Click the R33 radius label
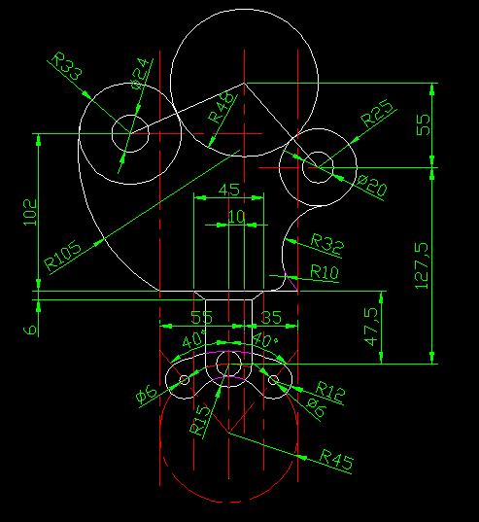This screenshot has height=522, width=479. coord(67,66)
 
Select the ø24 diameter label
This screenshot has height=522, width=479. coord(139,74)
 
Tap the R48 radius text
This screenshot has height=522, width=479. coord(222,108)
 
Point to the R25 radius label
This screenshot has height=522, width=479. coord(377,113)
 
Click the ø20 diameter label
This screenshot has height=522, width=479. coord(372,186)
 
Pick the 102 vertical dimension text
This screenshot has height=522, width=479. coord(30,212)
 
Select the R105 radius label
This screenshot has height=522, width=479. coord(63,256)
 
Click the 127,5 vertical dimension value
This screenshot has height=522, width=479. coord(422,265)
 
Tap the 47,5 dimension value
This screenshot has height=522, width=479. coord(371,327)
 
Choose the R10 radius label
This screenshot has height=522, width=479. coord(325,272)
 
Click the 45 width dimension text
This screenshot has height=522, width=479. coord(229,190)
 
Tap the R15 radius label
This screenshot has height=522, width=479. coord(200,420)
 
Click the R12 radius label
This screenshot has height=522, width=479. coord(329,390)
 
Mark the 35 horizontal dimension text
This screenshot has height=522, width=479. coord(271,317)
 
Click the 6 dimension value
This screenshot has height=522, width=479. coord(30,330)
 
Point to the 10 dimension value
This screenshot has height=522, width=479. coord(236,217)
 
